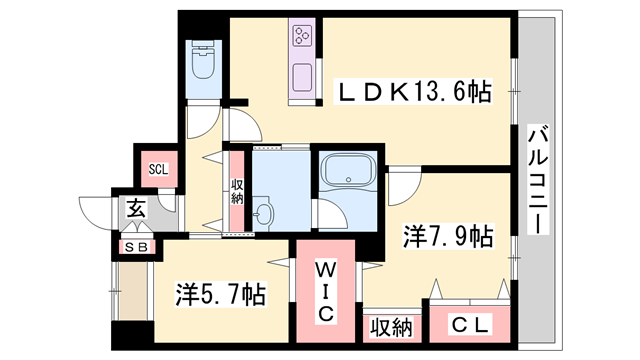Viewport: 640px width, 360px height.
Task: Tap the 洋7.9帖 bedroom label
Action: point(447,237)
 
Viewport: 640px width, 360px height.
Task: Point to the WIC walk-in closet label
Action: point(327,290)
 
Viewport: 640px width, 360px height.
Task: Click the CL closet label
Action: point(468,325)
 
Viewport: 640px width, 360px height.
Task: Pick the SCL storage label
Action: point(158,168)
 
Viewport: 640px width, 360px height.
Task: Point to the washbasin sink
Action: point(264,213)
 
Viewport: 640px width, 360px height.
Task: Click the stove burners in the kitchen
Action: point(303,37)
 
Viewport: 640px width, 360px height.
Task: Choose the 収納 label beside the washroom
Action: point(238,191)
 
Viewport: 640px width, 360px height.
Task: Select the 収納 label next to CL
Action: point(391,326)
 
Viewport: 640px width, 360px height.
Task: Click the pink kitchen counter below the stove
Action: point(301,76)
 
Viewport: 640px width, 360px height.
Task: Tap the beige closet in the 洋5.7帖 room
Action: point(131,292)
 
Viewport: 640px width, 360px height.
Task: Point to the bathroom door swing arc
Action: point(327,213)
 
